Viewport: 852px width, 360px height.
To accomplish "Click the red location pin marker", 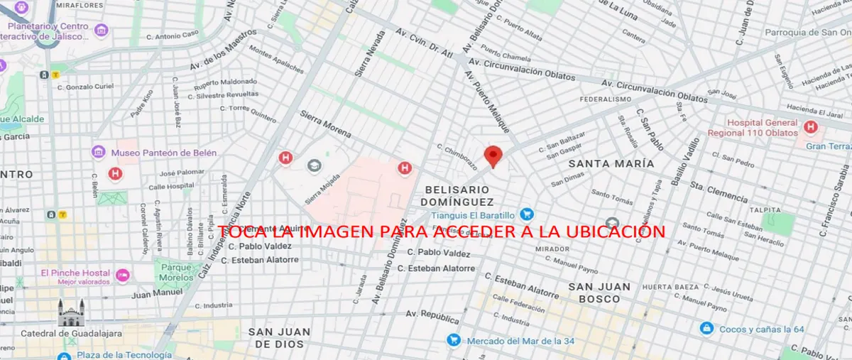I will (x=493, y=156).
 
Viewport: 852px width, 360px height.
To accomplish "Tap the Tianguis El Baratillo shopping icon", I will (x=526, y=214).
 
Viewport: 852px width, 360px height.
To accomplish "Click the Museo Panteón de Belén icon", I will (x=99, y=152).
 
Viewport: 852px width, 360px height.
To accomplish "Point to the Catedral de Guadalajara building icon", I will (x=71, y=312).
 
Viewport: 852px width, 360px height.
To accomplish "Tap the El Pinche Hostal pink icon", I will (x=123, y=274).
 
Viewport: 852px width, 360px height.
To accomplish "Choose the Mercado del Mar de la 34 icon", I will (x=453, y=339).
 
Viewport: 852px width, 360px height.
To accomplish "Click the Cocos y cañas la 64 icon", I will (x=706, y=329).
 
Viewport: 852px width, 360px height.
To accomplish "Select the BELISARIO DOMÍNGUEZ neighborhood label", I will (x=457, y=196).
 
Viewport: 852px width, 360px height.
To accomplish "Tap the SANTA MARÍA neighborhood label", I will (x=611, y=163).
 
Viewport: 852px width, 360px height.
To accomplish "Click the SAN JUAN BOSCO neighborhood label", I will (x=599, y=293).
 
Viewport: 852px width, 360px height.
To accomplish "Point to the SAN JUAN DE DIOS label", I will (x=279, y=337).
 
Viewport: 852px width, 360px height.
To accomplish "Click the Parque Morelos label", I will (x=174, y=271).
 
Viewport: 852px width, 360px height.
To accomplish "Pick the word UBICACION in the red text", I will (x=608, y=231).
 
